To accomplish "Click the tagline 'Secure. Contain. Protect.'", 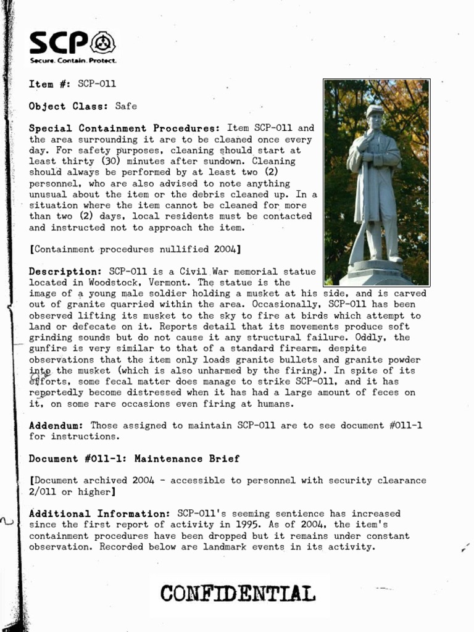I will pyautogui.click(x=73, y=61).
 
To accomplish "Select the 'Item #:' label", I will pyautogui.click(x=50, y=84).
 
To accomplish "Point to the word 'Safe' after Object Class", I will pyautogui.click(x=126, y=106).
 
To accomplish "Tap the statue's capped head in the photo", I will pyautogui.click(x=374, y=115).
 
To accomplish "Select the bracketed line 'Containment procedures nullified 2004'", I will pyautogui.click(x=135, y=249).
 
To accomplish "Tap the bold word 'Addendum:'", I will pyautogui.click(x=56, y=425).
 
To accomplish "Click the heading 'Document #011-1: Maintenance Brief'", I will pyautogui.click(x=134, y=459).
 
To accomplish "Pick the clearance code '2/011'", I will pyautogui.click(x=43, y=491).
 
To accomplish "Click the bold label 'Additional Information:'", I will pyautogui.click(x=100, y=513).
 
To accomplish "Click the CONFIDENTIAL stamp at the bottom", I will pyautogui.click(x=238, y=594).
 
